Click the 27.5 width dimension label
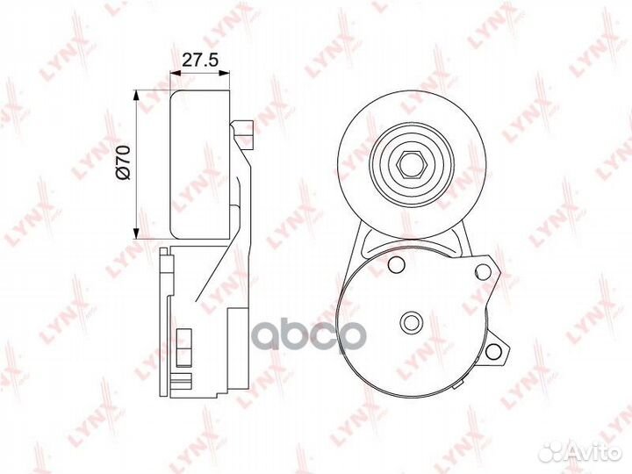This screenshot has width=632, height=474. pos(200,60)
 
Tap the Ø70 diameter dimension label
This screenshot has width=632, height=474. pos(123,162)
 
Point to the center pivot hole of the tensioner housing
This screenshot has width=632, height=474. pos(411,321)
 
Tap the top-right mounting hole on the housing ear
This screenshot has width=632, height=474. pos(483,271)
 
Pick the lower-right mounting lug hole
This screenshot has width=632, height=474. pos(493,351)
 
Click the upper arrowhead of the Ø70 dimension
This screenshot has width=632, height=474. pos(136,97)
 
